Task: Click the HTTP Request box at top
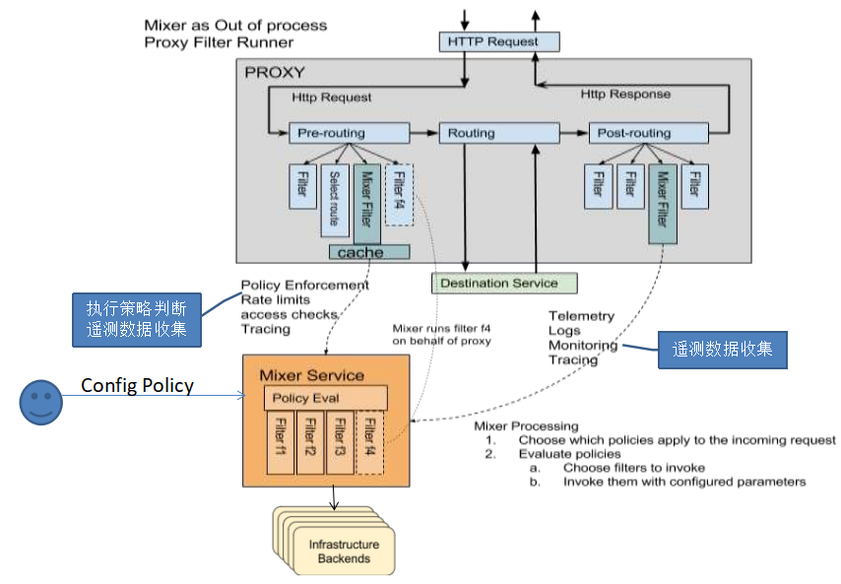tap(498, 41)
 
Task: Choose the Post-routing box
tap(647, 133)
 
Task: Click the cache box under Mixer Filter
tap(368, 252)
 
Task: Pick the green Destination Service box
tap(503, 283)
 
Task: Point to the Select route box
tap(334, 197)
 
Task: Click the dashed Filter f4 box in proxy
tap(398, 193)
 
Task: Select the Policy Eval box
tap(325, 398)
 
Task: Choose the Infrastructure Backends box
tap(344, 552)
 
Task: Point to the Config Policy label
tap(137, 385)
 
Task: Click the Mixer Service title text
tap(310, 375)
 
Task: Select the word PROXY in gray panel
tap(274, 72)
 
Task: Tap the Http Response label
tap(624, 95)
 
